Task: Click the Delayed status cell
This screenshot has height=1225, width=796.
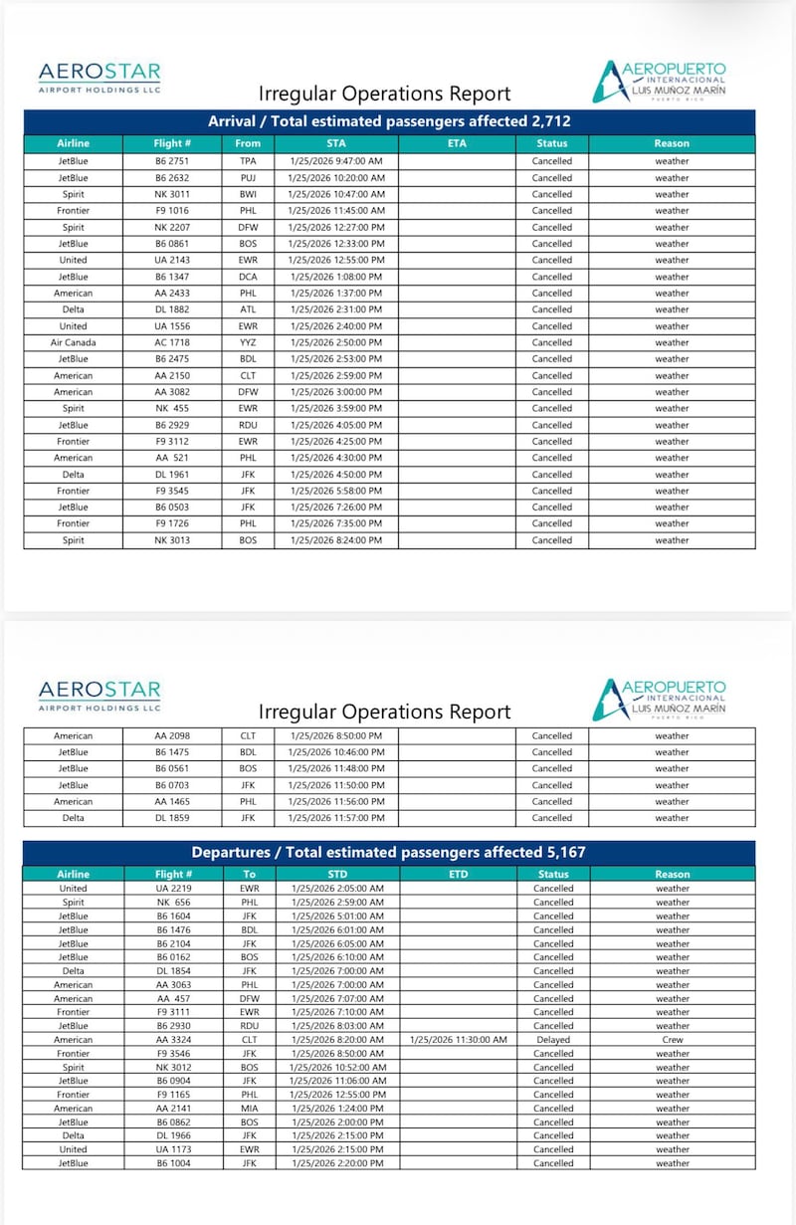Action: (x=552, y=1040)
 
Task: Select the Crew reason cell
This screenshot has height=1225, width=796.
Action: (x=672, y=1040)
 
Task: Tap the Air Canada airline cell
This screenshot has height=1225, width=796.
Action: (x=73, y=342)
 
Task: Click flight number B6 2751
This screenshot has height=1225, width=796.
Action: (x=172, y=161)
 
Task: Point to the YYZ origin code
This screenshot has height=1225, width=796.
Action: (x=248, y=342)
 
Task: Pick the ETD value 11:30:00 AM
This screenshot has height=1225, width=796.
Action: (x=458, y=1040)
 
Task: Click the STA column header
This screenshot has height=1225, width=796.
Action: (x=336, y=143)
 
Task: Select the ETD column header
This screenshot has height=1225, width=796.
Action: (x=458, y=874)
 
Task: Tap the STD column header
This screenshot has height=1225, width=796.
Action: (x=336, y=874)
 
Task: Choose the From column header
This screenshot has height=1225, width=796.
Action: (x=248, y=143)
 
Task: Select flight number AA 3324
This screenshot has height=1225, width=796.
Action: (x=172, y=1040)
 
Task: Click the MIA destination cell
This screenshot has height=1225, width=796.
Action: (x=248, y=1109)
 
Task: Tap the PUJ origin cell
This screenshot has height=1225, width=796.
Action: (x=248, y=178)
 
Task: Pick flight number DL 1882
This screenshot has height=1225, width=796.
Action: (x=172, y=309)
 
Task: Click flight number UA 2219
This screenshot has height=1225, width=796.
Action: (x=172, y=889)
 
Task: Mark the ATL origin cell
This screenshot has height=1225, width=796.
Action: (x=248, y=309)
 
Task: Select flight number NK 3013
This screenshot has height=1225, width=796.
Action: (x=172, y=540)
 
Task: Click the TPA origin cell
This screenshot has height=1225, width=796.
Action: (x=248, y=161)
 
